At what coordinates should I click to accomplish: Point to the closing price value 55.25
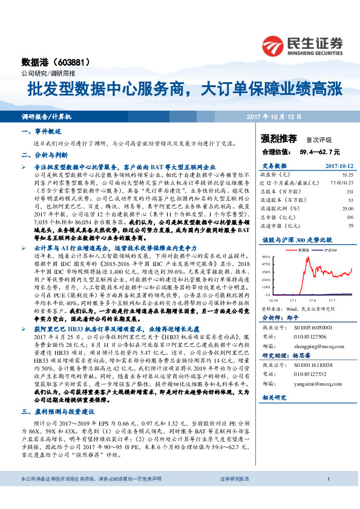(347, 174)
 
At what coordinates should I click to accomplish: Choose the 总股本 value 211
(348, 191)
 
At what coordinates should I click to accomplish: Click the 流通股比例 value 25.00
(347, 208)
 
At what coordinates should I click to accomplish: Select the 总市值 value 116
(348, 216)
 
